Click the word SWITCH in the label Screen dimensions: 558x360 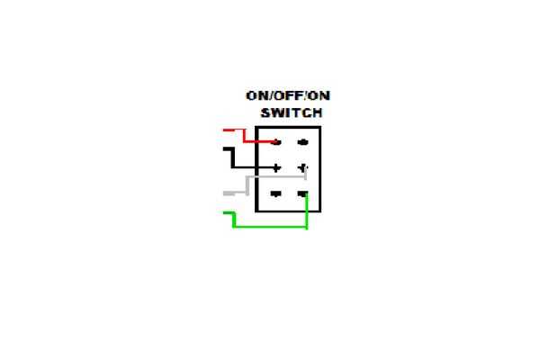[291, 113]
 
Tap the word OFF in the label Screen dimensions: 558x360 [291, 96]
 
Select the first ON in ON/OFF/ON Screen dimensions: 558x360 [257, 96]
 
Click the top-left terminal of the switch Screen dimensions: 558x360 [276, 142]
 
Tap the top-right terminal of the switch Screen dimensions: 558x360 [302, 142]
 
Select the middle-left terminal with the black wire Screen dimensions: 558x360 [276, 167]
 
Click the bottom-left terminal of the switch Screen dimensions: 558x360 [276, 193]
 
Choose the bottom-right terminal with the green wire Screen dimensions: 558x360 [302, 193]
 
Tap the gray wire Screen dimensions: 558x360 [247, 184]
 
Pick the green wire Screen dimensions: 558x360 [270, 226]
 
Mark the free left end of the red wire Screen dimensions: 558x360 [224, 130]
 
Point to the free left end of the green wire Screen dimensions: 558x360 [224, 213]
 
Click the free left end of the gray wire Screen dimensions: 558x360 [224, 193]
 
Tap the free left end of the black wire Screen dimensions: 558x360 [224, 149]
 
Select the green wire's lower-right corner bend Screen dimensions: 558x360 [307, 226]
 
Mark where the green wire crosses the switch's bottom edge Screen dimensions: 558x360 [307, 211]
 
